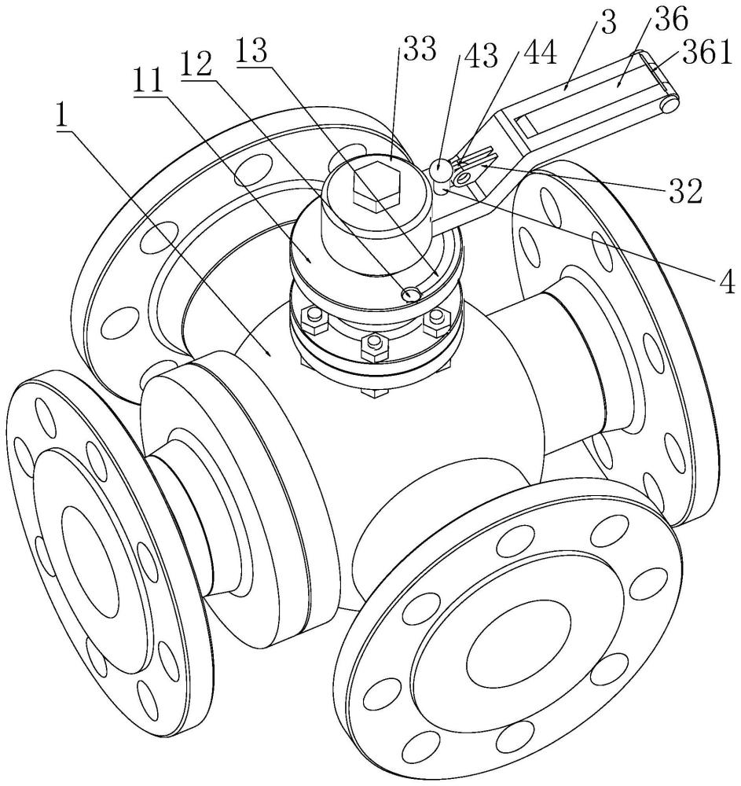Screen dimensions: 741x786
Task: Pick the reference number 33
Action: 420,49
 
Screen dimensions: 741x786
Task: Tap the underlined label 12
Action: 197,66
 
